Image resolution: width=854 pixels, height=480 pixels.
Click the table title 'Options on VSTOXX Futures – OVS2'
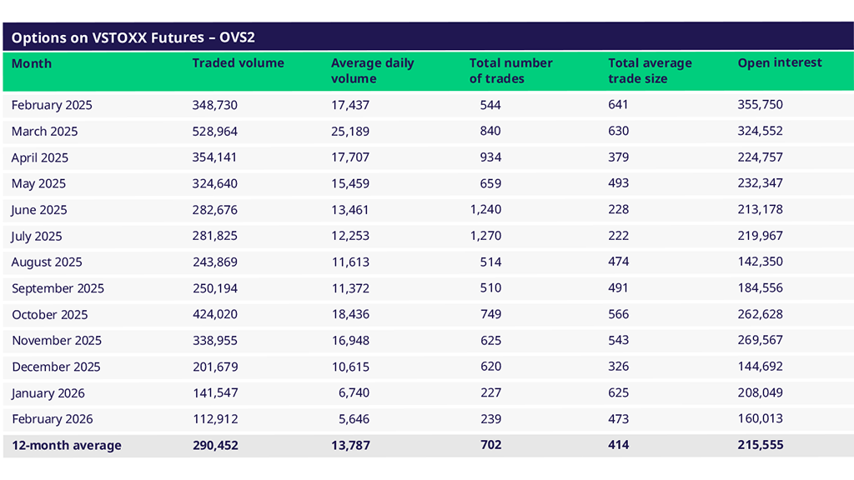[x=138, y=38]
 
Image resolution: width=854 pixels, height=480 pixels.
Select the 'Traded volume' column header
[x=238, y=63]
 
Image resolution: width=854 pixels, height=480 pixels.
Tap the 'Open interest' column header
[x=779, y=63]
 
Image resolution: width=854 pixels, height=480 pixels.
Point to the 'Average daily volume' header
[x=372, y=71]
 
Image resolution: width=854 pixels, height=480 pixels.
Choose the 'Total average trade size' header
[x=650, y=71]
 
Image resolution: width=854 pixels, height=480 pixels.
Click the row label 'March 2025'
[x=44, y=132]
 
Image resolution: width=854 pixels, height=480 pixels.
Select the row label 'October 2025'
[x=49, y=315]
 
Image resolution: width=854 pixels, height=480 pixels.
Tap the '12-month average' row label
[x=66, y=446]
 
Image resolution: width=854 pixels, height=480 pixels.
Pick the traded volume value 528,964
[x=214, y=132]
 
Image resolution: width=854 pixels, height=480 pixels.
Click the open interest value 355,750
[x=760, y=105]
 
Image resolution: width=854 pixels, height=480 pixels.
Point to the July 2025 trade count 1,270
[x=485, y=237]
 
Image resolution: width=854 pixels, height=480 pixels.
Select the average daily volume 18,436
[x=349, y=315]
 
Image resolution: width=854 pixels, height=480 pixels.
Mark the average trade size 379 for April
[x=618, y=157]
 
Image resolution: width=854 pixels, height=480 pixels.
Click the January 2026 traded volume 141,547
[x=214, y=393]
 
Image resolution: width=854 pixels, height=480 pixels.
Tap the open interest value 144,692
[x=760, y=367]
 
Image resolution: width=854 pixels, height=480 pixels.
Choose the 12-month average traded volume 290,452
[x=214, y=446]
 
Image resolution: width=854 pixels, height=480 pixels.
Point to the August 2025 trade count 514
[x=490, y=262]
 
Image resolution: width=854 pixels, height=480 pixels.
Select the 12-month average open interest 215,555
[x=760, y=446]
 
